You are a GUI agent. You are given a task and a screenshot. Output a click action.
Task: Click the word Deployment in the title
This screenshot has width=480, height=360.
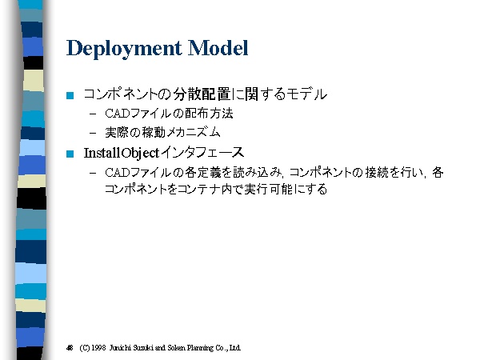124,48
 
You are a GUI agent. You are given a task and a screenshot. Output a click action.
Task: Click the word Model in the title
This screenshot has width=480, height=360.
218,48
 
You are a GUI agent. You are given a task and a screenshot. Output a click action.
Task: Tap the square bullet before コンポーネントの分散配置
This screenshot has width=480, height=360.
70,95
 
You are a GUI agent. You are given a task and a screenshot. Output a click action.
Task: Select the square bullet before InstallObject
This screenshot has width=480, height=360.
70,154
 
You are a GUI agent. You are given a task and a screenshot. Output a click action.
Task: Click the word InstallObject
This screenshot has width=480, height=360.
122,153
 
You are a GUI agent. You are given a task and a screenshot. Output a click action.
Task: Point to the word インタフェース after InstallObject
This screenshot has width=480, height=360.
202,153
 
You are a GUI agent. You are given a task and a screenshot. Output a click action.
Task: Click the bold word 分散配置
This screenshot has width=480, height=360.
202,94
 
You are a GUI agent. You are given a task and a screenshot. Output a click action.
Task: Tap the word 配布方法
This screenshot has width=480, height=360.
209,114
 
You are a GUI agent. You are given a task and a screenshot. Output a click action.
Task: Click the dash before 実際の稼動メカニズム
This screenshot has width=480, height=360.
93,134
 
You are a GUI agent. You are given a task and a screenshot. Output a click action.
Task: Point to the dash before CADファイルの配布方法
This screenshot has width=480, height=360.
93,114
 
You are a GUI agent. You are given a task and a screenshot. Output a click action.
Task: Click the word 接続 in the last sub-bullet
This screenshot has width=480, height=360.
377,172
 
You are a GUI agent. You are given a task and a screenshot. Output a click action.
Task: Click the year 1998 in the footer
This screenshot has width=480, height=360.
98,348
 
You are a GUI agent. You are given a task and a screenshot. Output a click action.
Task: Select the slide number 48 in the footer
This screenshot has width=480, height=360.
70,348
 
